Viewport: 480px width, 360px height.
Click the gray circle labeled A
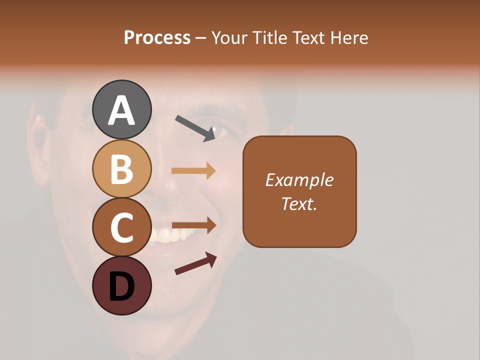click(x=122, y=109)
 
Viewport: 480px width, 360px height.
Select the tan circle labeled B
click(x=122, y=168)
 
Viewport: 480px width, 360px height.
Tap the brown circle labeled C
click(x=122, y=227)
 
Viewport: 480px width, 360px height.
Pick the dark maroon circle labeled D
click(x=122, y=286)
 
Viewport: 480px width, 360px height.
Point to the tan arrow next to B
click(x=193, y=170)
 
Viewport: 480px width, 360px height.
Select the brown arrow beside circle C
click(x=193, y=225)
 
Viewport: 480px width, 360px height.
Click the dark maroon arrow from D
click(x=195, y=263)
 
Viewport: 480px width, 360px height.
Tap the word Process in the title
click(x=157, y=37)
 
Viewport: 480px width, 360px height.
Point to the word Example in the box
click(x=299, y=180)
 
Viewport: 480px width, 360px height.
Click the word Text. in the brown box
click(x=299, y=203)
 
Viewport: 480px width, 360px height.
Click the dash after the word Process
click(x=200, y=38)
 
